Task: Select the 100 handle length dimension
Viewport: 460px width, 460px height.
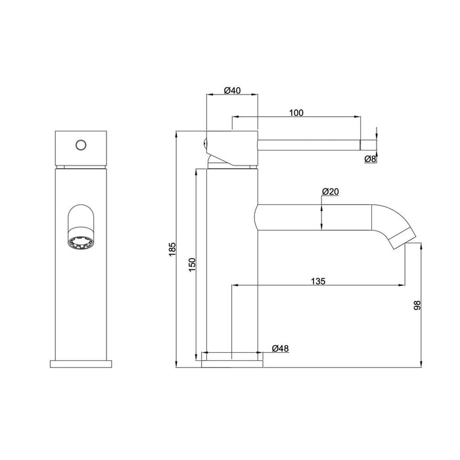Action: click(x=296, y=112)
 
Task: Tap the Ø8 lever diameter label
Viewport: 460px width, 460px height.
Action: click(x=371, y=158)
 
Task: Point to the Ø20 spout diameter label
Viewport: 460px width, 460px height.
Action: click(x=330, y=191)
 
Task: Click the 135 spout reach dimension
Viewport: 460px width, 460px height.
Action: click(x=318, y=281)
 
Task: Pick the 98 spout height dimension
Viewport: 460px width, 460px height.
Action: click(x=416, y=305)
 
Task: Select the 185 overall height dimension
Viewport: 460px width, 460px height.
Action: click(x=173, y=250)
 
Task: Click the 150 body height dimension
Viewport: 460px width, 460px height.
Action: click(x=192, y=265)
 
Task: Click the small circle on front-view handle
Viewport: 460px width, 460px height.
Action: click(x=81, y=144)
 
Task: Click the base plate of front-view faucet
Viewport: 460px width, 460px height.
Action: click(x=81, y=363)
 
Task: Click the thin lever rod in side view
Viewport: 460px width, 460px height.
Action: click(x=309, y=143)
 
